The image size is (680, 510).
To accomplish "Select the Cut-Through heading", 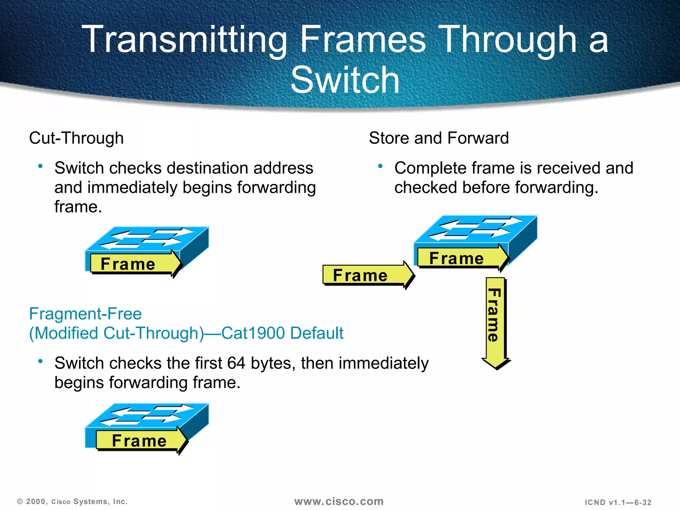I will click(x=76, y=138).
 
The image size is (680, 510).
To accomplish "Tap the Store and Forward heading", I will click(x=438, y=138).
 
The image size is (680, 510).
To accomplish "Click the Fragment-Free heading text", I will click(x=85, y=314).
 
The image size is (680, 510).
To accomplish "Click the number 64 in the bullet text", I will click(x=236, y=363).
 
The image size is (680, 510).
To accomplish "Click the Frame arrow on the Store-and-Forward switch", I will click(x=462, y=258).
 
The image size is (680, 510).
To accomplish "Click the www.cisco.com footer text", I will click(x=339, y=501).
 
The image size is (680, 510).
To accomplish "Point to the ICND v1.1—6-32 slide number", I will click(x=618, y=502).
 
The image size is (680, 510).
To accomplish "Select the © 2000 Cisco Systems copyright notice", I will click(x=72, y=502).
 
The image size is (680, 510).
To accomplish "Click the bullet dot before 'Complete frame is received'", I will click(x=381, y=166).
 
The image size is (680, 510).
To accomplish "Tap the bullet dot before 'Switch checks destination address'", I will click(x=41, y=166).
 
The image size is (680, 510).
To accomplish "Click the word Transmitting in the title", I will click(x=184, y=40).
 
